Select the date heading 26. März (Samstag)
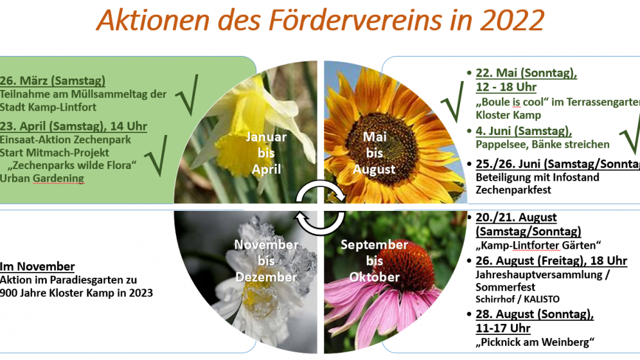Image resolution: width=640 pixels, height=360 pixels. tap(53, 80)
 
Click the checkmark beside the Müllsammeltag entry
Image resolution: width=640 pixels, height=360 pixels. tap(187, 94)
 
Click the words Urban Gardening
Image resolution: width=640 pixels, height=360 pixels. tap(42, 178)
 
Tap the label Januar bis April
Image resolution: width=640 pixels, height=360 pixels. tap(266, 153)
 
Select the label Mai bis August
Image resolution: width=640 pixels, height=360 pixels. tap(374, 153)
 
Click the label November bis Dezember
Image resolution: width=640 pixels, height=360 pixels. tap(266, 261)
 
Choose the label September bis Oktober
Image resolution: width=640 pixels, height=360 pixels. tap(374, 261)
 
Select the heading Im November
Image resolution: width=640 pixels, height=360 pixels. tap(37, 267)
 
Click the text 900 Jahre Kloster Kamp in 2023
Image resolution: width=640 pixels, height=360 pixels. tap(76, 293)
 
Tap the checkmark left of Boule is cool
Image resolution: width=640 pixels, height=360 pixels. tap(452, 102)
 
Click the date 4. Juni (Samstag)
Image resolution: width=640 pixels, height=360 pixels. tap(524, 131)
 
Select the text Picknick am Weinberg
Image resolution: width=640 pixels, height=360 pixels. tap(535, 342)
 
